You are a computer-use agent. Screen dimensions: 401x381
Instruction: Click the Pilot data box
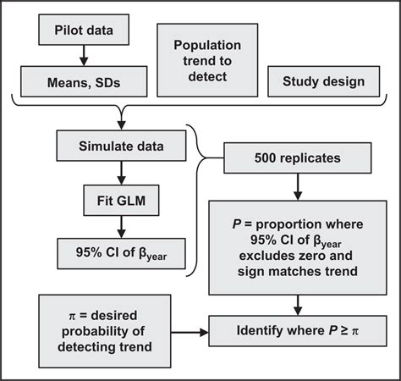(84, 30)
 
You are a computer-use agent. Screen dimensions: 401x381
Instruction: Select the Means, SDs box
(84, 81)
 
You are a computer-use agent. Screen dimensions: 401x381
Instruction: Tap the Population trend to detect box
(207, 60)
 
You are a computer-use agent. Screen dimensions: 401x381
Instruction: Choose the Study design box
(323, 81)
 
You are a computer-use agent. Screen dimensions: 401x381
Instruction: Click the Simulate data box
(121, 146)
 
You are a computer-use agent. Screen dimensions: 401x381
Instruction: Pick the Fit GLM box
(121, 201)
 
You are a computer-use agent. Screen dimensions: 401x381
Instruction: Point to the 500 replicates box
(298, 158)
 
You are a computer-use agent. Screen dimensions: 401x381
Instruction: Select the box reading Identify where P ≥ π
(298, 331)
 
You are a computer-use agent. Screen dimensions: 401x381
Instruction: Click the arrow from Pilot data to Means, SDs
(84, 56)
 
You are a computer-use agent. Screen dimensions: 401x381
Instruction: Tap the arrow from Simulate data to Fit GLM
(121, 173)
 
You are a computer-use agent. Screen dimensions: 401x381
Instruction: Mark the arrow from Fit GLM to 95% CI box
(121, 227)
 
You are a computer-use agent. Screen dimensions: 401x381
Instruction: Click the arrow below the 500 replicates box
(298, 187)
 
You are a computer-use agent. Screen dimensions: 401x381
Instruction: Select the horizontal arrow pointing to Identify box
(190, 332)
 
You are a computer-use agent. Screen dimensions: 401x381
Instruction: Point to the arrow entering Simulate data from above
(121, 118)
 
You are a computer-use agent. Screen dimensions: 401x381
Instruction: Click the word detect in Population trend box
(207, 76)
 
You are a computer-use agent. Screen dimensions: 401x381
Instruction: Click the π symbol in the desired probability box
(72, 316)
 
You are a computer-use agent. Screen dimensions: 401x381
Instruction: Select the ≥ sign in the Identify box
(343, 331)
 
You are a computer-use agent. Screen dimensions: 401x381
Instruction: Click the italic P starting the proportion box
(237, 224)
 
